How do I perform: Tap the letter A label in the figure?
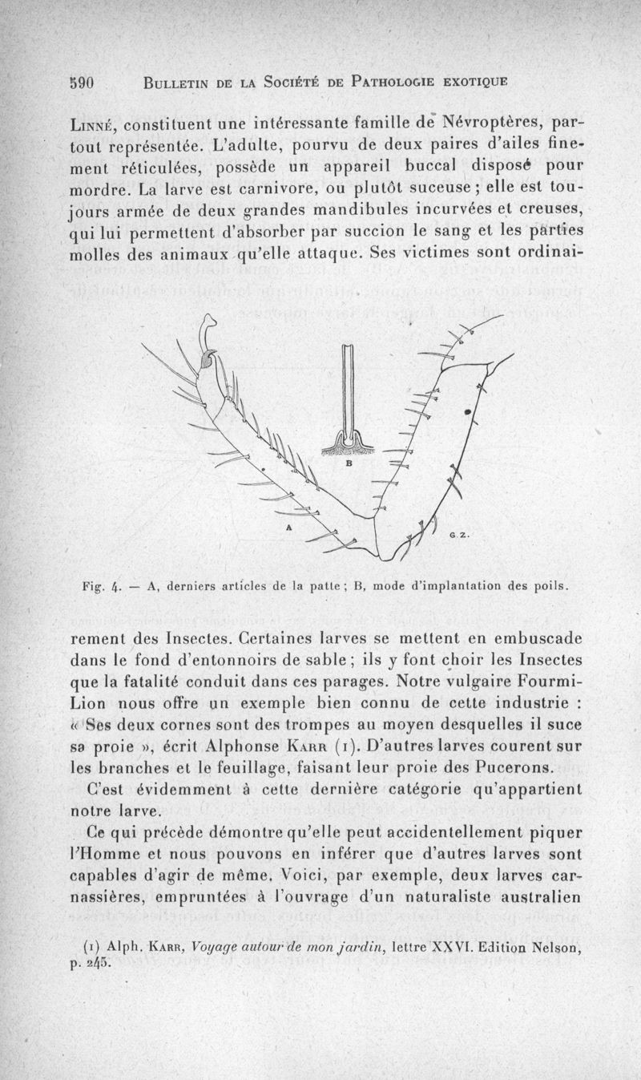pos(288,528)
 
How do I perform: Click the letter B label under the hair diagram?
pos(350,463)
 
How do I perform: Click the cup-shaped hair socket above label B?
pos(349,443)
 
